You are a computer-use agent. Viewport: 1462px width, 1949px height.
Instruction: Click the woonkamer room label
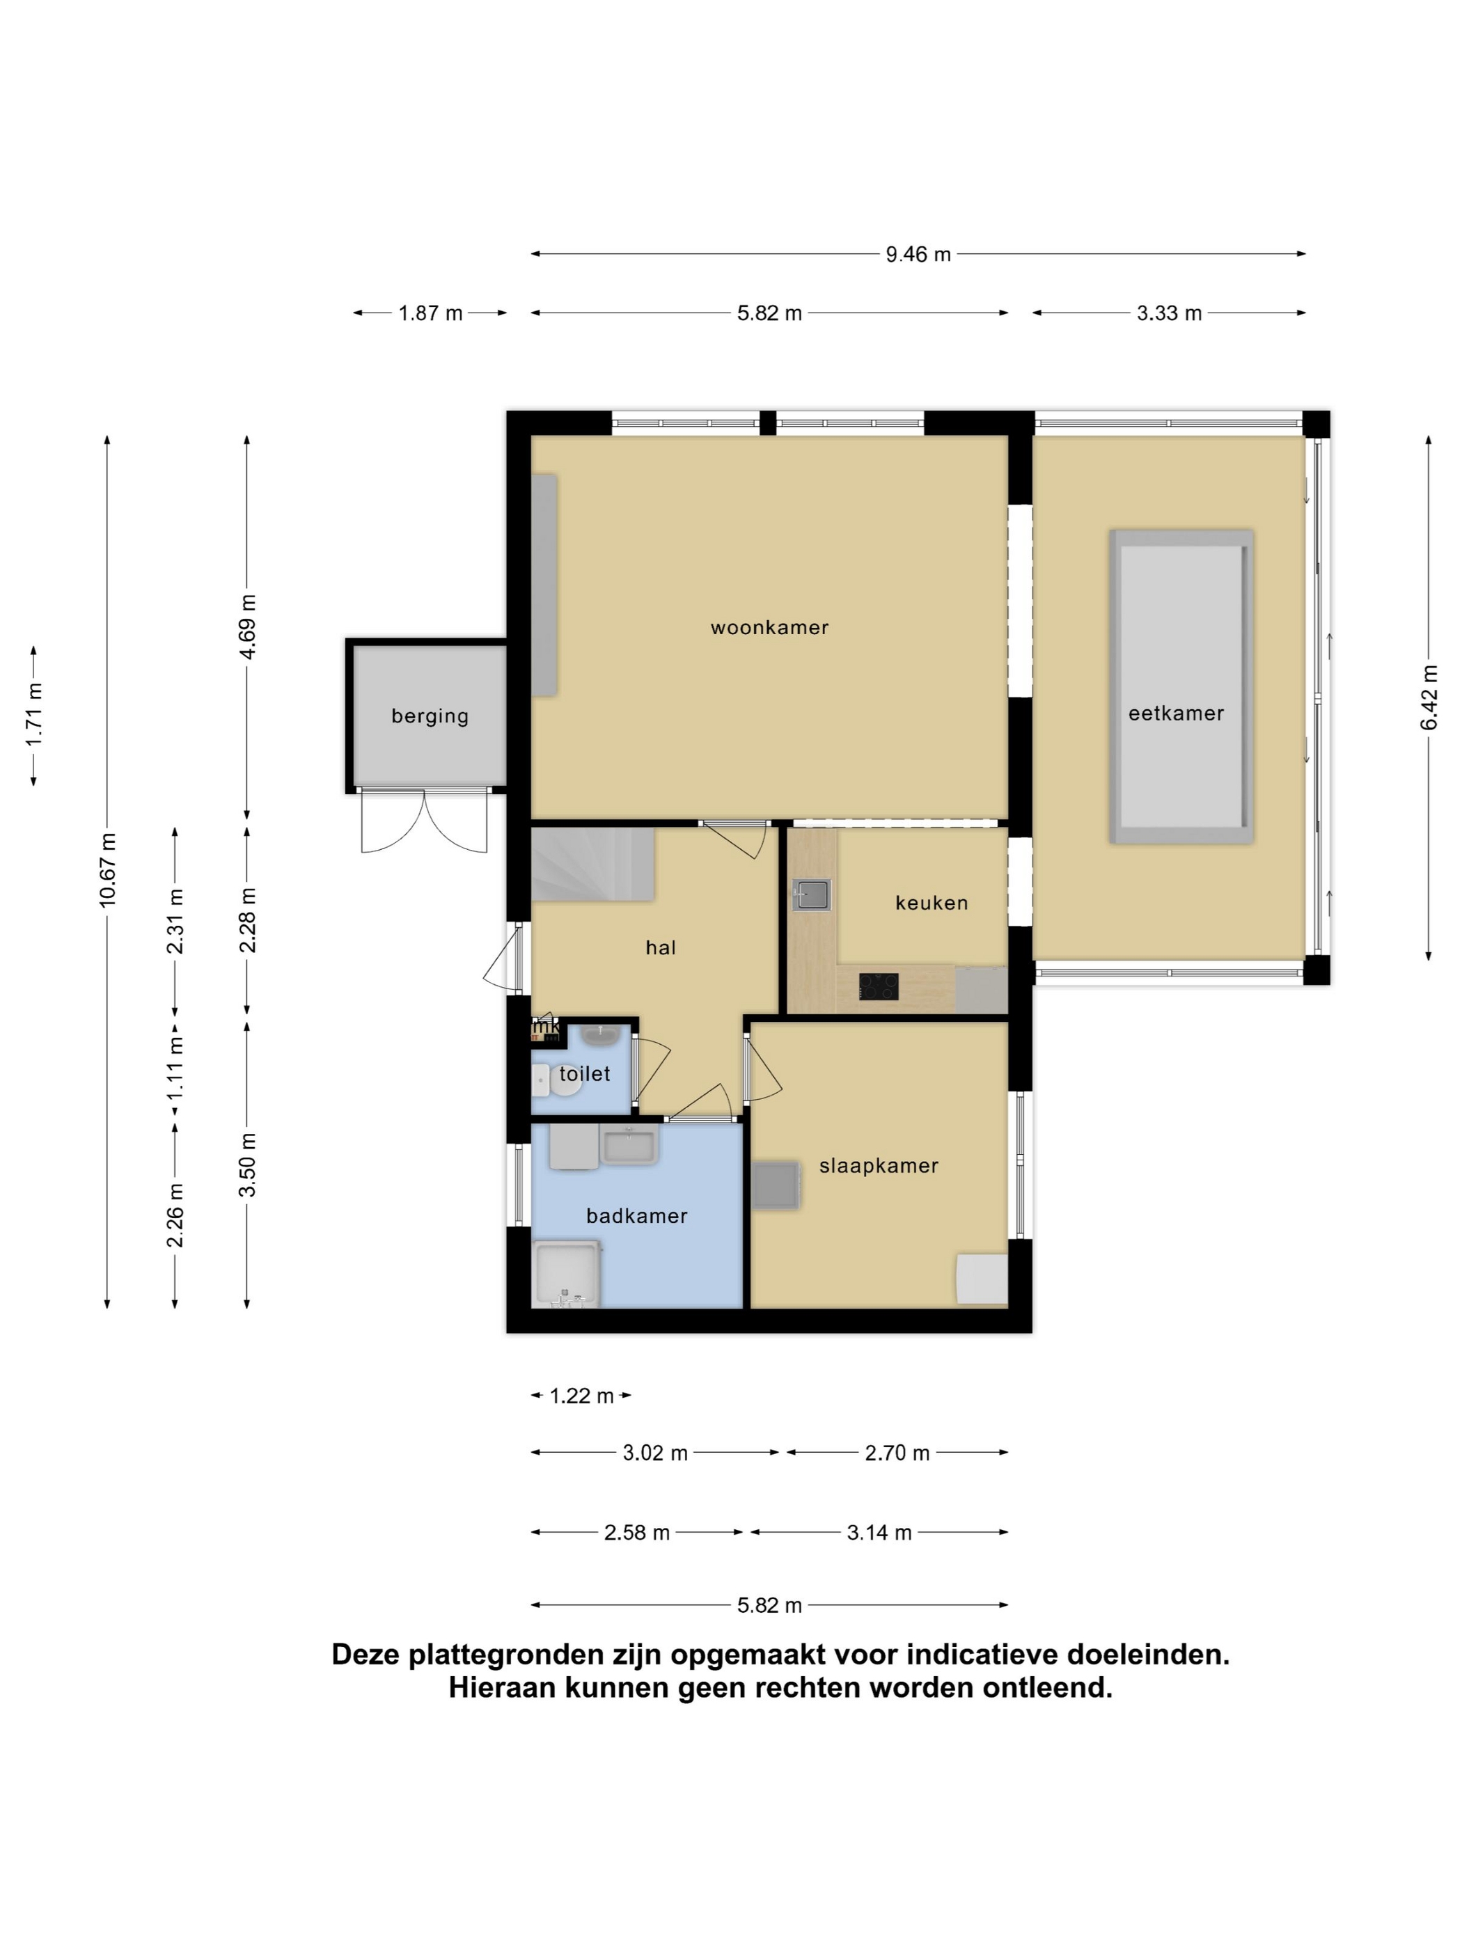769,627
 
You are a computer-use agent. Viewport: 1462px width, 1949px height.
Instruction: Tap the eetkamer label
1176,713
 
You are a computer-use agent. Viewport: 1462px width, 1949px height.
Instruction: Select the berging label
430,716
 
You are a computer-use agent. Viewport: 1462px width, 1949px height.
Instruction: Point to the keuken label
932,902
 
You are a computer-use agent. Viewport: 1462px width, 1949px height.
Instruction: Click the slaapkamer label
879,1166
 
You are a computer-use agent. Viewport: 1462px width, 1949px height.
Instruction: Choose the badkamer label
636,1216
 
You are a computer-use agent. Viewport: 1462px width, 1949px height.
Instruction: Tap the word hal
660,947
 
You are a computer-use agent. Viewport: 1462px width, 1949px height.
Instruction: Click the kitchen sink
812,894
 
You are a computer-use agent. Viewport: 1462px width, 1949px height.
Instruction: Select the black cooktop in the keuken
879,987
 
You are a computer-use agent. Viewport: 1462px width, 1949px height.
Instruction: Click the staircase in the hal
592,864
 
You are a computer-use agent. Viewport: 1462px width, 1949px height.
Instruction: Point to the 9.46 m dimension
918,254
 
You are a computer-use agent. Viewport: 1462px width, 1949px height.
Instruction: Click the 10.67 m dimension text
107,869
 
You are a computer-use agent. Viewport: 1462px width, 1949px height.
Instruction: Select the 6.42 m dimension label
1429,698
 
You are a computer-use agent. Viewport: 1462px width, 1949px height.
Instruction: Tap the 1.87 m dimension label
430,313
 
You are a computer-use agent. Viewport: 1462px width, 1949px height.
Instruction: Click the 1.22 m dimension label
581,1396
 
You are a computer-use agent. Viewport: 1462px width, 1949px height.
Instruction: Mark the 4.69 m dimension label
248,626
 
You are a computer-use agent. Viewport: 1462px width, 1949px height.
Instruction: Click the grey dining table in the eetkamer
1181,686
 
